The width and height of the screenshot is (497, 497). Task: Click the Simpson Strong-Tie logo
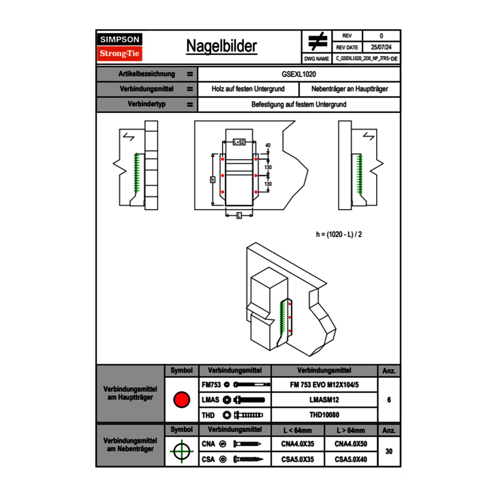(x=120, y=47)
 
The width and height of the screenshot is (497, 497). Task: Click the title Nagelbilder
(x=221, y=46)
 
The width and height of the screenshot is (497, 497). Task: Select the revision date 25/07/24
(x=381, y=47)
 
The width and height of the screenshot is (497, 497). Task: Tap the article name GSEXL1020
(x=299, y=74)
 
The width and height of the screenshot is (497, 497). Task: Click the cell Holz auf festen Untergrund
(x=247, y=89)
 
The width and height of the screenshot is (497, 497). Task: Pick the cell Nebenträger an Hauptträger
(x=349, y=89)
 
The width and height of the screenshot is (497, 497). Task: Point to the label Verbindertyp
(x=146, y=104)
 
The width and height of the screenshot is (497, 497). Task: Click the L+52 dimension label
(x=238, y=143)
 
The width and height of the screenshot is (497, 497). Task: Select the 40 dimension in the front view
(x=268, y=146)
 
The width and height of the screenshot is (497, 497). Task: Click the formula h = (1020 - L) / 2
(x=339, y=233)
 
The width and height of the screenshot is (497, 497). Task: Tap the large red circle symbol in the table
(x=181, y=400)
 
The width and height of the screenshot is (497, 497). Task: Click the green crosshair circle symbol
(x=181, y=451)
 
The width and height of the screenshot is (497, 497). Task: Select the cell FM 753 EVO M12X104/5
(x=324, y=385)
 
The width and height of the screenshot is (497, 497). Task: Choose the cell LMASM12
(x=324, y=400)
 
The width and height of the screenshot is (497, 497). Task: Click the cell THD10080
(x=324, y=415)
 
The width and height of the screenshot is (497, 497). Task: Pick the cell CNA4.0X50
(x=351, y=444)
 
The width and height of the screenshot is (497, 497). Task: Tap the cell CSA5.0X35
(x=298, y=460)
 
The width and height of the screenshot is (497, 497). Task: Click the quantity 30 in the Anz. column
(x=389, y=451)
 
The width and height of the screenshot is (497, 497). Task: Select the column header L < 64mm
(x=298, y=430)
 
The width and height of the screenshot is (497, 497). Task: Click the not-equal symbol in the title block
(x=317, y=42)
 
